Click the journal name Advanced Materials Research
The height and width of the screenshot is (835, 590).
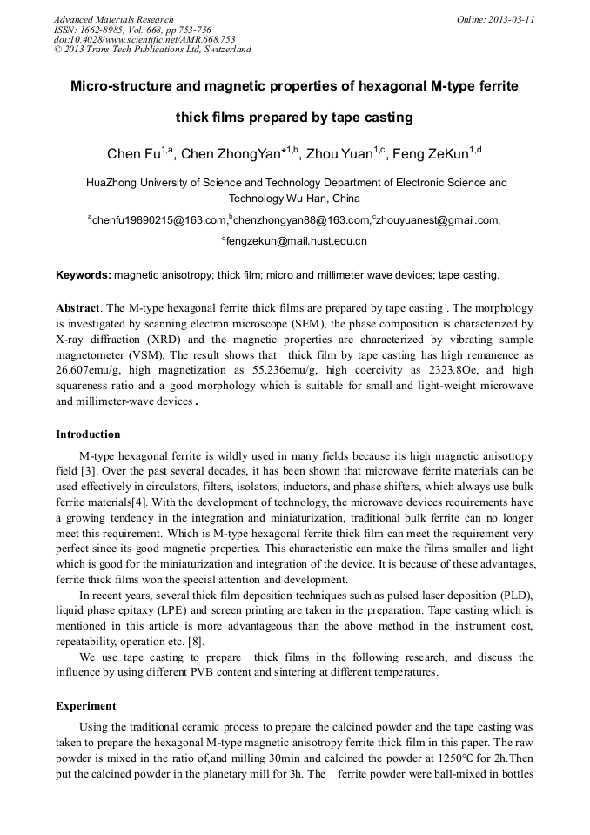(x=114, y=19)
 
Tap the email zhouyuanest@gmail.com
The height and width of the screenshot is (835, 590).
(x=439, y=221)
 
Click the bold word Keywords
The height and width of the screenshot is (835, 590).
(x=83, y=275)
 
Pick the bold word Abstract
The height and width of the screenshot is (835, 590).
(x=77, y=308)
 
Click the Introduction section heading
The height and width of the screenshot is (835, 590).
(x=88, y=434)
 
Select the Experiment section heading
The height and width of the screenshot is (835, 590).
(x=85, y=705)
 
